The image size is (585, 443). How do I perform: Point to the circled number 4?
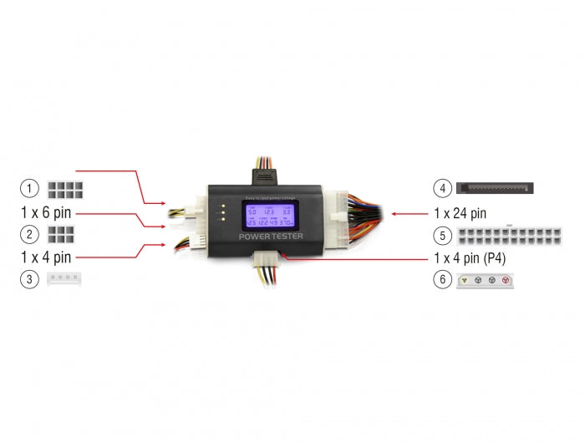(443, 188)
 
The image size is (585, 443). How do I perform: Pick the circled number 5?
(443, 235)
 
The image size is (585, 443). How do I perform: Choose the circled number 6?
(443, 280)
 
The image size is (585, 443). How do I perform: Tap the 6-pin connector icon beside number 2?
(59, 235)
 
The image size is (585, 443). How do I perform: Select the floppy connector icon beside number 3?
(64, 280)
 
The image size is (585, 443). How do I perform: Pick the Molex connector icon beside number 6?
(486, 281)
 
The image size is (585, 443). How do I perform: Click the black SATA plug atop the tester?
(262, 171)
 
